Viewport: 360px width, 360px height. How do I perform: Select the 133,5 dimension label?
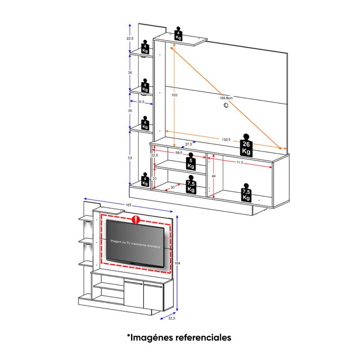[x=226, y=140]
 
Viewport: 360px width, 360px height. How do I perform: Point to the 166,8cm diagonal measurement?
[x=225, y=98]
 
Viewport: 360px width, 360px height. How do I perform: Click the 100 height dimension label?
[x=174, y=95]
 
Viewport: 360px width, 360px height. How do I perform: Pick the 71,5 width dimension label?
[x=238, y=162]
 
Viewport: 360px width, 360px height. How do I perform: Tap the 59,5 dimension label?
[x=179, y=153]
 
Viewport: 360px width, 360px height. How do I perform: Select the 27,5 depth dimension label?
[x=188, y=144]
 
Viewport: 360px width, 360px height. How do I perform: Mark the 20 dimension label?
[x=154, y=178]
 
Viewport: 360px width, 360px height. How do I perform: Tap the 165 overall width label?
[x=129, y=206]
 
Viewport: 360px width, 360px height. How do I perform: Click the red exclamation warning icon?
[x=135, y=220]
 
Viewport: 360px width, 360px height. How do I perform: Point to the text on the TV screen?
[x=135, y=241]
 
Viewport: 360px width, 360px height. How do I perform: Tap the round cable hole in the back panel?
[x=225, y=106]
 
